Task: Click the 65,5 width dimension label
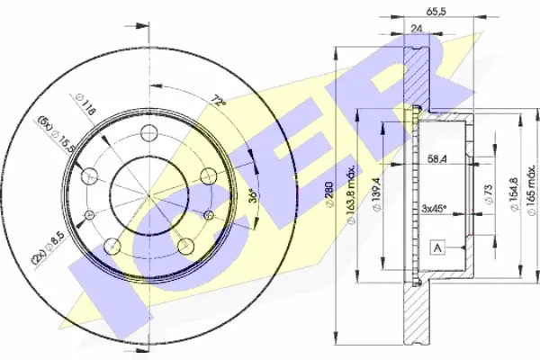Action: click(x=436, y=12)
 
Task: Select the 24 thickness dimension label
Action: click(x=417, y=29)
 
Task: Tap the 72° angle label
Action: click(x=219, y=101)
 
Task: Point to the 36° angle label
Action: click(x=253, y=195)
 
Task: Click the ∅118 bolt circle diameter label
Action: click(x=85, y=104)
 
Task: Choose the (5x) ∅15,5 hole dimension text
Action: click(x=56, y=134)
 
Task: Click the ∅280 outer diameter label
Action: click(x=329, y=194)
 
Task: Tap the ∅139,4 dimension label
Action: click(x=376, y=194)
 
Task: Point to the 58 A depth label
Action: click(x=437, y=159)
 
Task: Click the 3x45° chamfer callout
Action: click(x=434, y=208)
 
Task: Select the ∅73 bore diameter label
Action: click(x=489, y=194)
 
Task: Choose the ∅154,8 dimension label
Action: click(x=514, y=194)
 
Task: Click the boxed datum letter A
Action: click(x=437, y=247)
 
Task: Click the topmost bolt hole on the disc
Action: click(x=149, y=133)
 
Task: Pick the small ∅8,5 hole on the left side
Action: click(x=89, y=215)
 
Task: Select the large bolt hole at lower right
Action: click(x=186, y=246)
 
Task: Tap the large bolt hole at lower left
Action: click(x=112, y=246)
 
